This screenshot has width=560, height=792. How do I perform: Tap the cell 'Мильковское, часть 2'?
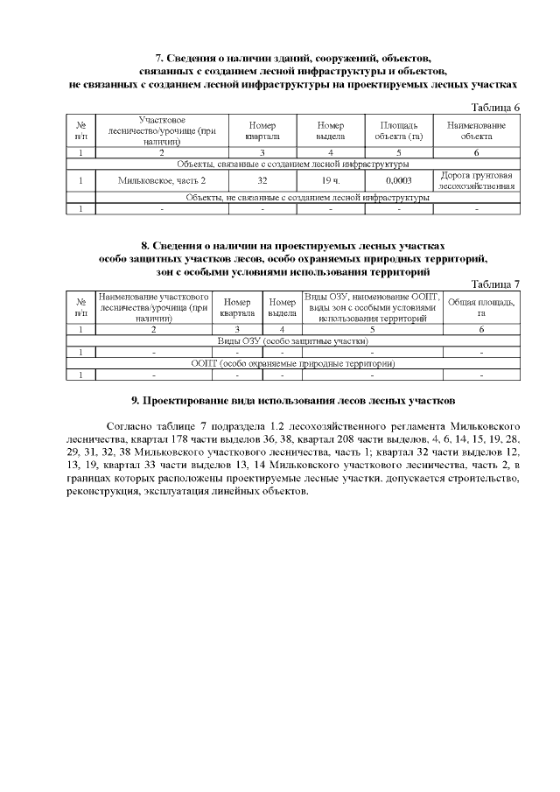[x=162, y=181]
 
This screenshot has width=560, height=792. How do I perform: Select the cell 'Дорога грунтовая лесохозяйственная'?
[x=477, y=181]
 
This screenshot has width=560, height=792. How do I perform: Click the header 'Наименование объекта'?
[x=477, y=131]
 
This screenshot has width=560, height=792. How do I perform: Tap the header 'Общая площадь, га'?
[x=481, y=308]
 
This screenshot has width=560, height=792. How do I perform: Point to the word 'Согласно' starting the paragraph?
[x=128, y=431]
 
